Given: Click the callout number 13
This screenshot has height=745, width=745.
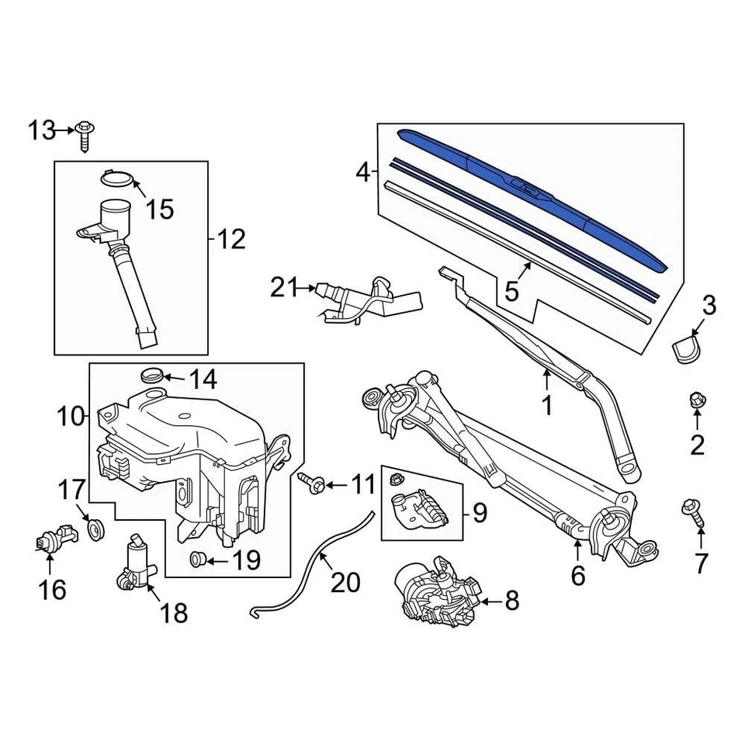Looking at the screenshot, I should point(43,131).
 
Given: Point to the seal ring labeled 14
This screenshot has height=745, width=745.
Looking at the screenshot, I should point(152,376).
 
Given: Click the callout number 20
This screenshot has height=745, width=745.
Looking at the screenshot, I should point(345,580).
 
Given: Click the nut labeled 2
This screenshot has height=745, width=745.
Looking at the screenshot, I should point(696,401).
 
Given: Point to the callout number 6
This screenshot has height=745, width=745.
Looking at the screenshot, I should point(578,576).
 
